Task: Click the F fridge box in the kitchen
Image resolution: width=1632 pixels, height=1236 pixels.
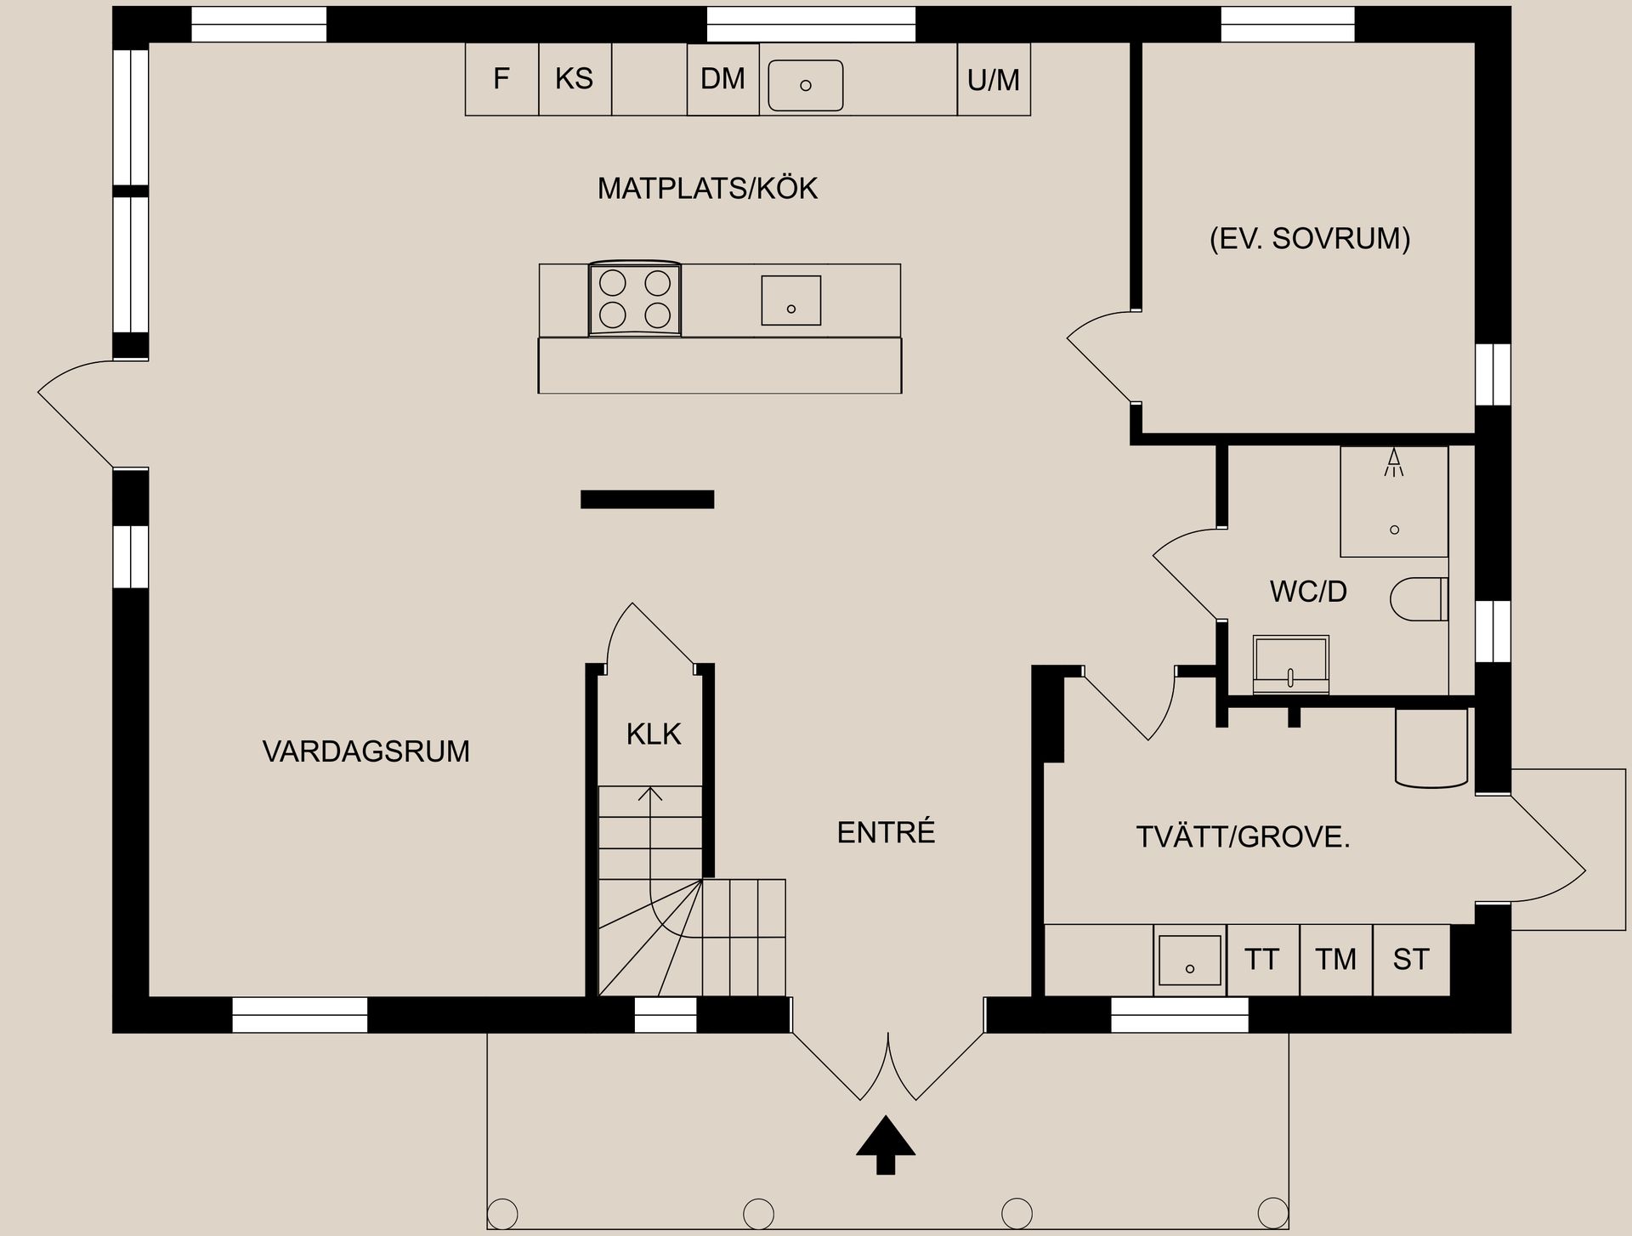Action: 501,79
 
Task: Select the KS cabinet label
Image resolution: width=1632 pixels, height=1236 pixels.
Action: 574,79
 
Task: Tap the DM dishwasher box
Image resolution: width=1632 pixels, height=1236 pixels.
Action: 722,79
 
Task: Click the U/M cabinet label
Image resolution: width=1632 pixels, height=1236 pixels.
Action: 993,80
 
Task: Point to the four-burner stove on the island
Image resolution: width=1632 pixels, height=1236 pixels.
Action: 635,298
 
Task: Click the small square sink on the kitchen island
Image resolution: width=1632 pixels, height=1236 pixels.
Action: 790,300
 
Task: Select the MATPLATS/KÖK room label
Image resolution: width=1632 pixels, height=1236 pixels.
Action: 707,188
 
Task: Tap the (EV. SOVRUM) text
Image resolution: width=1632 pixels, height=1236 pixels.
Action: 1309,238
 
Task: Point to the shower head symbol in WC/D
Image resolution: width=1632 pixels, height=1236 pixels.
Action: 1393,462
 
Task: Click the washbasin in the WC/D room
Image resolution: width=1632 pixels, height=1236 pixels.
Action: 1290,664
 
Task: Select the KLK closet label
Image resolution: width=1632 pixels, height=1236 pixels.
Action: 654,734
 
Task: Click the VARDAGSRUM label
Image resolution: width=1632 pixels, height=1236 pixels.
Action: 365,751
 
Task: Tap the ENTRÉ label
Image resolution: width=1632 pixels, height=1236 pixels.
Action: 886,832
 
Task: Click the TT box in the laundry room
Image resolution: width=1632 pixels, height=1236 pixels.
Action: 1262,960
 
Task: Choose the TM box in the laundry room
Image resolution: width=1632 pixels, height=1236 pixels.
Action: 1335,960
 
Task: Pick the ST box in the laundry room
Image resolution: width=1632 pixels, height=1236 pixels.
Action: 1410,960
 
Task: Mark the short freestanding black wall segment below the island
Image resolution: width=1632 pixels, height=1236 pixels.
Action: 647,500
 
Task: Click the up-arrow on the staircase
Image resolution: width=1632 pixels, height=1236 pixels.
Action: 650,794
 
